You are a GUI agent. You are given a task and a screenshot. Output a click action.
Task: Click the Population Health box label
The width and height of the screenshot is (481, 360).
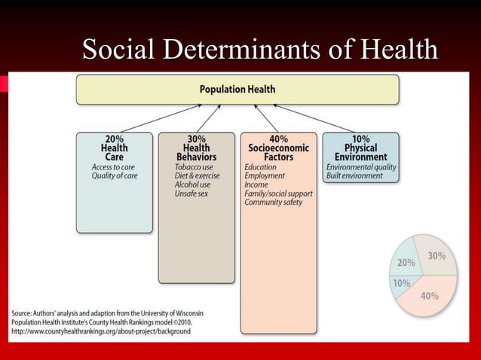[237, 89]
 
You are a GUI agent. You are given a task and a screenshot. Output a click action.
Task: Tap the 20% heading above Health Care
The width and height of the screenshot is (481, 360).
[115, 139]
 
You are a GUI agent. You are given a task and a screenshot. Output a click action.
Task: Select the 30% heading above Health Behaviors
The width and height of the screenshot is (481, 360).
[196, 139]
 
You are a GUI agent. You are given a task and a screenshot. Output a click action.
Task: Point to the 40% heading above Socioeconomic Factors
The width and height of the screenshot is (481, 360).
[278, 139]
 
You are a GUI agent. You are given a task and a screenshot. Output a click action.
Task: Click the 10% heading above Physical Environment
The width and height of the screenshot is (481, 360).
[360, 139]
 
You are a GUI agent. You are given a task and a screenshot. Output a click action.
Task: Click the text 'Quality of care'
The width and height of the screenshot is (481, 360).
[115, 175]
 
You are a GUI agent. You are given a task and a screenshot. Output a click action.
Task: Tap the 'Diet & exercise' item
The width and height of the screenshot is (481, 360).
[197, 175]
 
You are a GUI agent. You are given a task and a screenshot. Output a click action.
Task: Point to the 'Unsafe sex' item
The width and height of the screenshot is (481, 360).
[191, 194]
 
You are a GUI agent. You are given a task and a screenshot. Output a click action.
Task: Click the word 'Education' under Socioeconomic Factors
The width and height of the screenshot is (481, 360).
[260, 166]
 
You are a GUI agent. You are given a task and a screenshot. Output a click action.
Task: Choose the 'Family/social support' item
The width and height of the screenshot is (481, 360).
[278, 194]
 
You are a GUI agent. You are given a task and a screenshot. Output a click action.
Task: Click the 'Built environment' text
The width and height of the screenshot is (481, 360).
[354, 175]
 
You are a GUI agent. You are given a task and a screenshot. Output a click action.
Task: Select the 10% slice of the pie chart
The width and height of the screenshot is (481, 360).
[403, 283]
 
